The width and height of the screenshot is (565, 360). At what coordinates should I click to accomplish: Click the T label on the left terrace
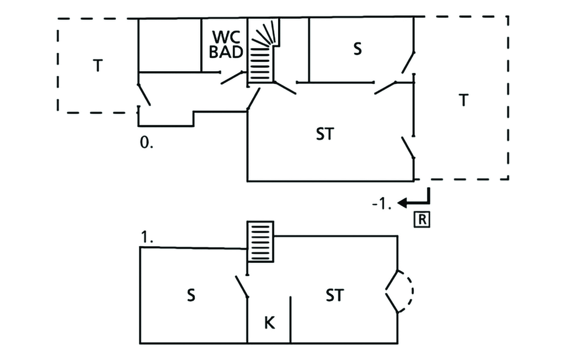coord(98,66)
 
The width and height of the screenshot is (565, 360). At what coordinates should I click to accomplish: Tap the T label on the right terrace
coord(464,100)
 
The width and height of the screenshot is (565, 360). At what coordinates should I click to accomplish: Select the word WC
coord(226,37)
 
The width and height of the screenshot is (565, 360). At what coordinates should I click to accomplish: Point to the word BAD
coord(226,52)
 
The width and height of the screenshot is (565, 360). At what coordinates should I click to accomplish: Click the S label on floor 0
coord(357,49)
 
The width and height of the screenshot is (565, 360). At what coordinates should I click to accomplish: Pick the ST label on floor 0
coord(325,134)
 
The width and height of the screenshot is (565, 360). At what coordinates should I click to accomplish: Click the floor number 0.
coord(146,143)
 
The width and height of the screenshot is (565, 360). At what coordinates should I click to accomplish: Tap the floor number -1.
coord(382,204)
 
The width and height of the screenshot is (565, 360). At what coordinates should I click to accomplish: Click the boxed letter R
coord(422,220)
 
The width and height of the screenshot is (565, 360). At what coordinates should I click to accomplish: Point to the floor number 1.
coord(147,238)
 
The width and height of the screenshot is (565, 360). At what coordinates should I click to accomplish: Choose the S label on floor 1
coord(191,295)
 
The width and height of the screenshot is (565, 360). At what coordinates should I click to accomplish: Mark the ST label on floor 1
coord(335,295)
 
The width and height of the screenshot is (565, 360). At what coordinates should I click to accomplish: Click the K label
coord(269,323)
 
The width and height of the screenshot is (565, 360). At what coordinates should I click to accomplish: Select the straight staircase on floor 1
coord(260,242)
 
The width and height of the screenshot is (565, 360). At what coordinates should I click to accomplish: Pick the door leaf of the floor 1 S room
coord(242,287)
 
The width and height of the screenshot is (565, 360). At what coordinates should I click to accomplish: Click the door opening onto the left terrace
coord(144,95)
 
